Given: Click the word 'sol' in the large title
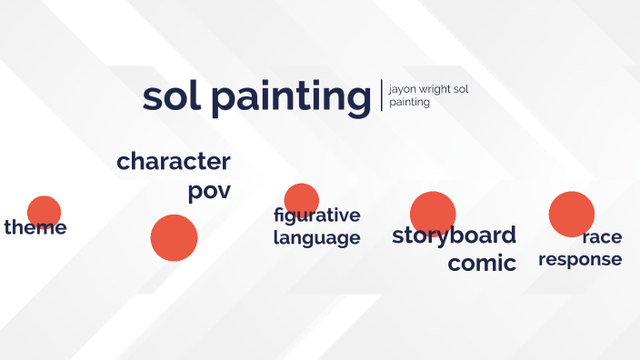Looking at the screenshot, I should pos(171,97).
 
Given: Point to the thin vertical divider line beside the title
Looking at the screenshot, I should pos(382,95).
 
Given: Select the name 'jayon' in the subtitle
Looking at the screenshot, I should pos(402,90).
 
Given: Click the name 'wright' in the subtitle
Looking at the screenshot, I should pos(435,90).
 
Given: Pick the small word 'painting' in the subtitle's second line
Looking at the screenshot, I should pos(409,103).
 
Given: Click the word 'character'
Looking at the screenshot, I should pos(174,162).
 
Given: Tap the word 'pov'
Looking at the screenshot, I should pos(209,192).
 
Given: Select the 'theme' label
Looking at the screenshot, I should pos(35,227).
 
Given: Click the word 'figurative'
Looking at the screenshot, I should pos(316,215).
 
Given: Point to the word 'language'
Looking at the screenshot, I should pos(316,238).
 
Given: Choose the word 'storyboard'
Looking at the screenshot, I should pos(454,235).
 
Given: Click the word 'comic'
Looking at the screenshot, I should pos(482,264).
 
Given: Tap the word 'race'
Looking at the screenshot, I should pos(602,237).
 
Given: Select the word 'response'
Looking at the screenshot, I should pos(580,259).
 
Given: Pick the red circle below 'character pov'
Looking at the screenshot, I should pos(174,238).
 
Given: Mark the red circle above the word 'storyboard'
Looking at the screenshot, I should pos(433,211).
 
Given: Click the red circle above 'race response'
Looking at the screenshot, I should pos(571,214).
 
